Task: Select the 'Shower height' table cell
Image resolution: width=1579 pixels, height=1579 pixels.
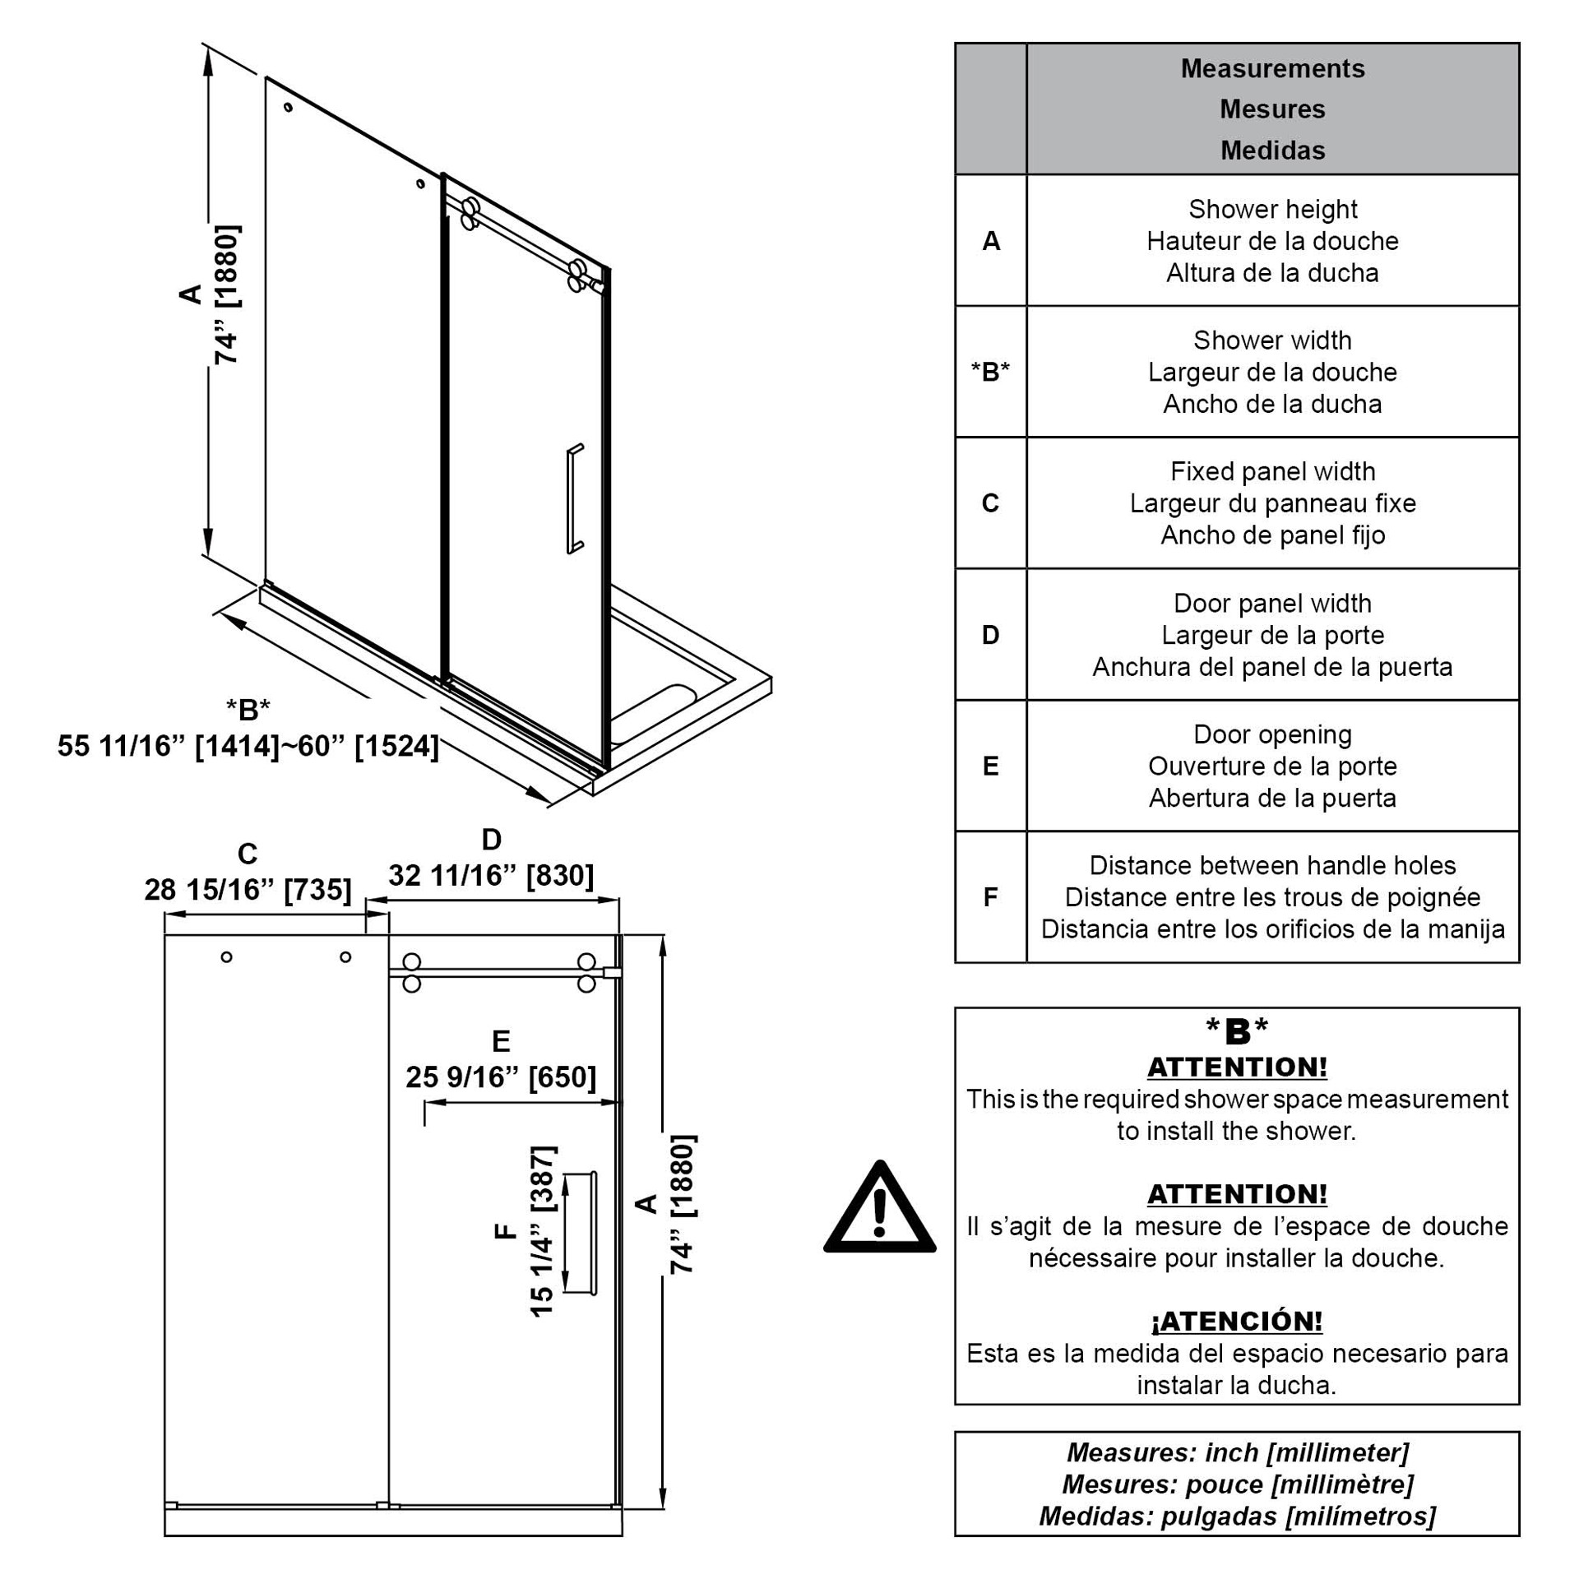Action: click(x=1271, y=241)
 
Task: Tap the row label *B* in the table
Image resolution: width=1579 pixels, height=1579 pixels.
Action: click(x=990, y=372)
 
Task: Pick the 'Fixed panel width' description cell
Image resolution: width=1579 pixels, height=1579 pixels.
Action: click(x=1271, y=503)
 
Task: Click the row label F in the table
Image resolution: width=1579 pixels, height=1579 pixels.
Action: click(x=990, y=897)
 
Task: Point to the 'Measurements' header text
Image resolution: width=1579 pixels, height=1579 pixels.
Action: click(x=1272, y=69)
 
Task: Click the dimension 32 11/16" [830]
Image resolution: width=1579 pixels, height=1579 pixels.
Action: click(x=491, y=876)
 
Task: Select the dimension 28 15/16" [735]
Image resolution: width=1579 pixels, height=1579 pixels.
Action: click(x=248, y=890)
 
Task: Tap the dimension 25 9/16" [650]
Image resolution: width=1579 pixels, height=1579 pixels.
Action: click(x=500, y=1077)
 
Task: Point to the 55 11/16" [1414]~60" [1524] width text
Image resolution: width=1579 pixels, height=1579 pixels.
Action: click(x=248, y=747)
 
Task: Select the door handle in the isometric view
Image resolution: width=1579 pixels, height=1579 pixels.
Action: click(x=573, y=498)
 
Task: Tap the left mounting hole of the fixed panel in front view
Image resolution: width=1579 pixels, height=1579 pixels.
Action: click(x=226, y=957)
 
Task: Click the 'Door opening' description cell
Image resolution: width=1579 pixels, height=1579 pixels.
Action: click(x=1271, y=766)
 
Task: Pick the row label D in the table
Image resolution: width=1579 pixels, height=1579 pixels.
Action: click(x=990, y=635)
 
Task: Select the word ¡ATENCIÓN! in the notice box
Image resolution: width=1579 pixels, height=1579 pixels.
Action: click(x=1236, y=1322)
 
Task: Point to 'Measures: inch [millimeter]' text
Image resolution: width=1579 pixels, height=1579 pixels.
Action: click(x=1236, y=1453)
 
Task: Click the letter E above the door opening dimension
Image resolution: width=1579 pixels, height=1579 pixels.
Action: click(x=500, y=1042)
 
